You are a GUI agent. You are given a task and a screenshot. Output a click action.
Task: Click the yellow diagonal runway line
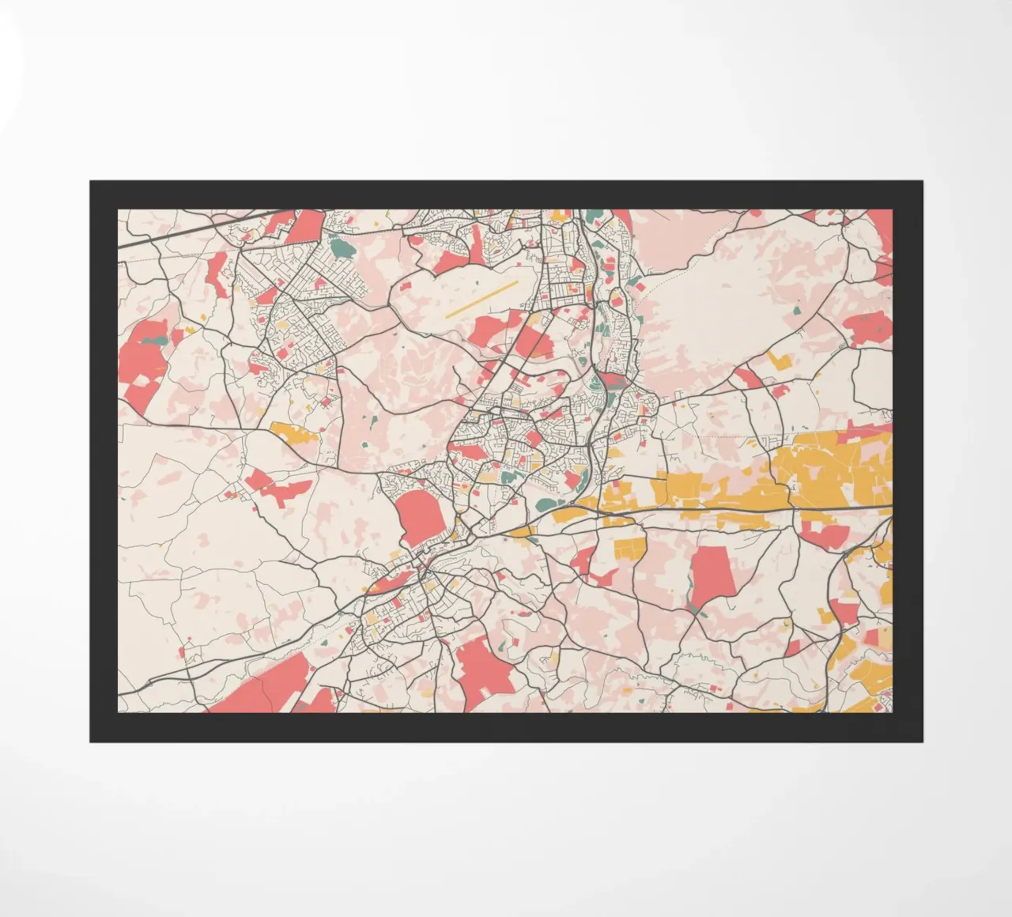(481, 299)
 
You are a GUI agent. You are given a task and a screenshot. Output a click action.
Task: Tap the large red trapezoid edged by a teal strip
(712, 575)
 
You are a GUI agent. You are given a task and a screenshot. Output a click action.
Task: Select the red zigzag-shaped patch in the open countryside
(274, 488)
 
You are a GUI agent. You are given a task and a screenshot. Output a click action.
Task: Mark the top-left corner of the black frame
(90, 182)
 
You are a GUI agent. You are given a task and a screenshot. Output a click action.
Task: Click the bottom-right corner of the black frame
(922, 742)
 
